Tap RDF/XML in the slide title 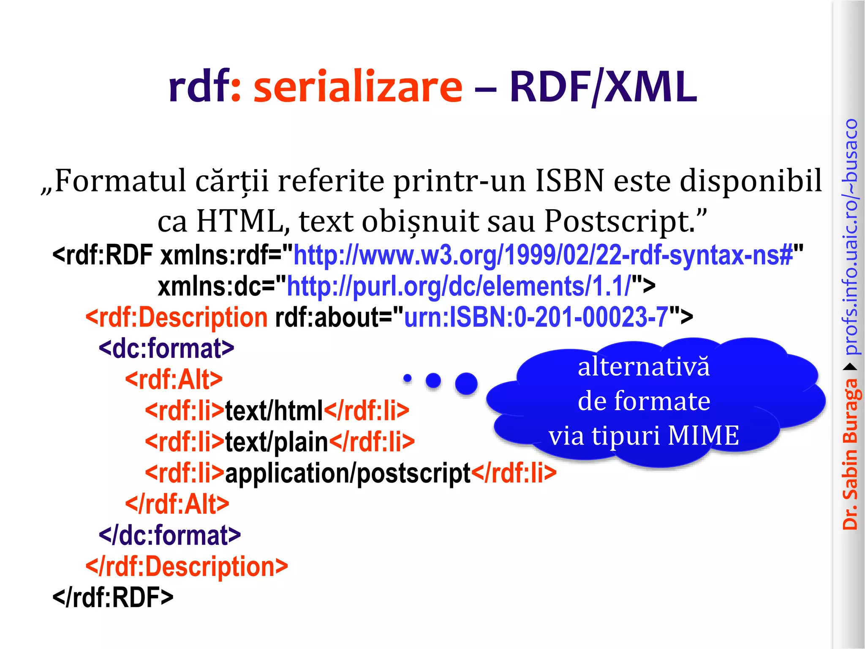[603, 87]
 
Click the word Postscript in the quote [619, 221]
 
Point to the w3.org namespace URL [543, 255]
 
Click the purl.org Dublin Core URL [459, 286]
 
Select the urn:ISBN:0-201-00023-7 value [536, 317]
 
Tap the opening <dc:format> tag [166, 349]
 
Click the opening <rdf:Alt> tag [174, 379]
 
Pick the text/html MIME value [274, 410]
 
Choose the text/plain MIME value [277, 442]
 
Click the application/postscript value [348, 473]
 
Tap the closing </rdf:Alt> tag [177, 504]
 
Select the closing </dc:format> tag [170, 535]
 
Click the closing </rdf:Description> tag [187, 566]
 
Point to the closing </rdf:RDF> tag [113, 597]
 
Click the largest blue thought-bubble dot [466, 384]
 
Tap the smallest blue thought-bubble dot [407, 378]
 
